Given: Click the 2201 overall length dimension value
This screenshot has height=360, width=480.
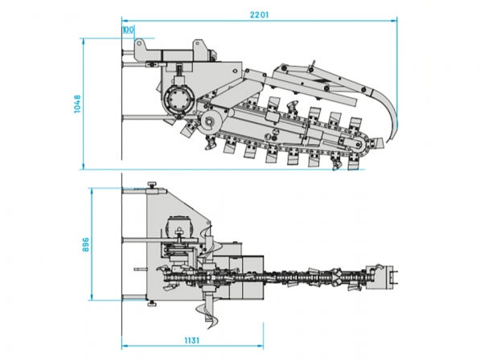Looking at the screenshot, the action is click(x=259, y=14).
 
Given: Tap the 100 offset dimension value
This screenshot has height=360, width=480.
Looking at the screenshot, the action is click(x=129, y=30).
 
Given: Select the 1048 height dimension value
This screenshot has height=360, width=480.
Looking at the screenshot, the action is click(x=77, y=104).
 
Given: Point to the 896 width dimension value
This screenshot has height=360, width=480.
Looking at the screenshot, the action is click(x=86, y=244).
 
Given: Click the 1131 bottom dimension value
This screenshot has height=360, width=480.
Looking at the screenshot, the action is click(x=192, y=341).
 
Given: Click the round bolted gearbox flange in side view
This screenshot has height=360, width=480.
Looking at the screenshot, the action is click(x=178, y=100).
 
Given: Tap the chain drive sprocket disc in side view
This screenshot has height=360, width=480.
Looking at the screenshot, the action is click(x=211, y=122).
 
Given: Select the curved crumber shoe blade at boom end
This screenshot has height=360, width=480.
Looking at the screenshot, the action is click(x=387, y=114).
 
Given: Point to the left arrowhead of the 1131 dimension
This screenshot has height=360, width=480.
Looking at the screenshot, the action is click(x=125, y=346).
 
